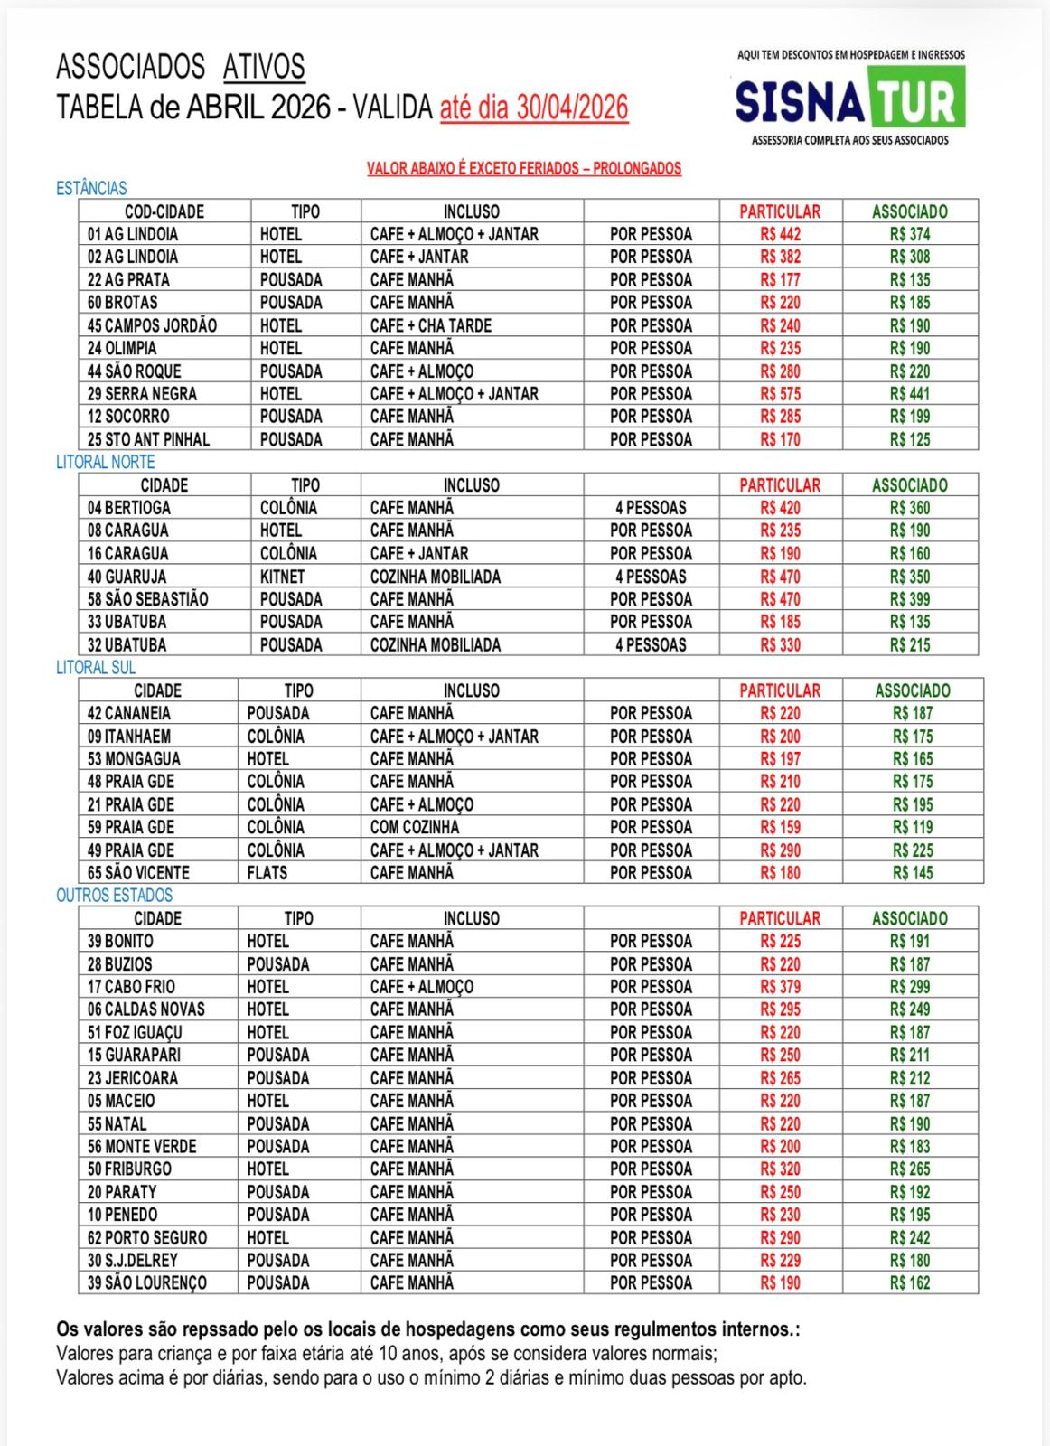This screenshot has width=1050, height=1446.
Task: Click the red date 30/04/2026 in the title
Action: [571, 108]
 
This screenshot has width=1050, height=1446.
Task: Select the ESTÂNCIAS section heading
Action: [91, 188]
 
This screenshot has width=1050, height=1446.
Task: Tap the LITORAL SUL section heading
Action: [96, 667]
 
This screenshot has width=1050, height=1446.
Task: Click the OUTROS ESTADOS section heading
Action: [114, 895]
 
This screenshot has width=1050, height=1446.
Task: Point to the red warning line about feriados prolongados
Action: [523, 168]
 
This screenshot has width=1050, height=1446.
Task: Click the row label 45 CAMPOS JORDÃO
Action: [152, 325]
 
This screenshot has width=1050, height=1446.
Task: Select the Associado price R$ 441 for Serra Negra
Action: [909, 394]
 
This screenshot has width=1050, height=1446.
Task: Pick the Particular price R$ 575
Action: [780, 394]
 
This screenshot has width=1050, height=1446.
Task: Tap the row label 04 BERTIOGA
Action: [128, 508]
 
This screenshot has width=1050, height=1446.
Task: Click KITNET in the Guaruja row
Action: [282, 577]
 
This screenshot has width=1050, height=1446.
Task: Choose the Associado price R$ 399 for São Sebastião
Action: [909, 599]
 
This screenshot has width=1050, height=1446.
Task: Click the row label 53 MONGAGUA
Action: [134, 759]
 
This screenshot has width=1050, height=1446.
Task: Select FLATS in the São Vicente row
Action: [267, 873]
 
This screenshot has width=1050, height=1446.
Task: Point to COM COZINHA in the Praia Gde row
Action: [414, 827]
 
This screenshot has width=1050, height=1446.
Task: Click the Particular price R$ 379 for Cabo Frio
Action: [780, 987]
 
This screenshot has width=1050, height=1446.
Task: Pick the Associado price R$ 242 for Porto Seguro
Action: [909, 1238]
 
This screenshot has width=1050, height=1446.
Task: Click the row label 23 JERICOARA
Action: [133, 1078]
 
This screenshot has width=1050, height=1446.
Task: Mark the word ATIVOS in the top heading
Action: [264, 67]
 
